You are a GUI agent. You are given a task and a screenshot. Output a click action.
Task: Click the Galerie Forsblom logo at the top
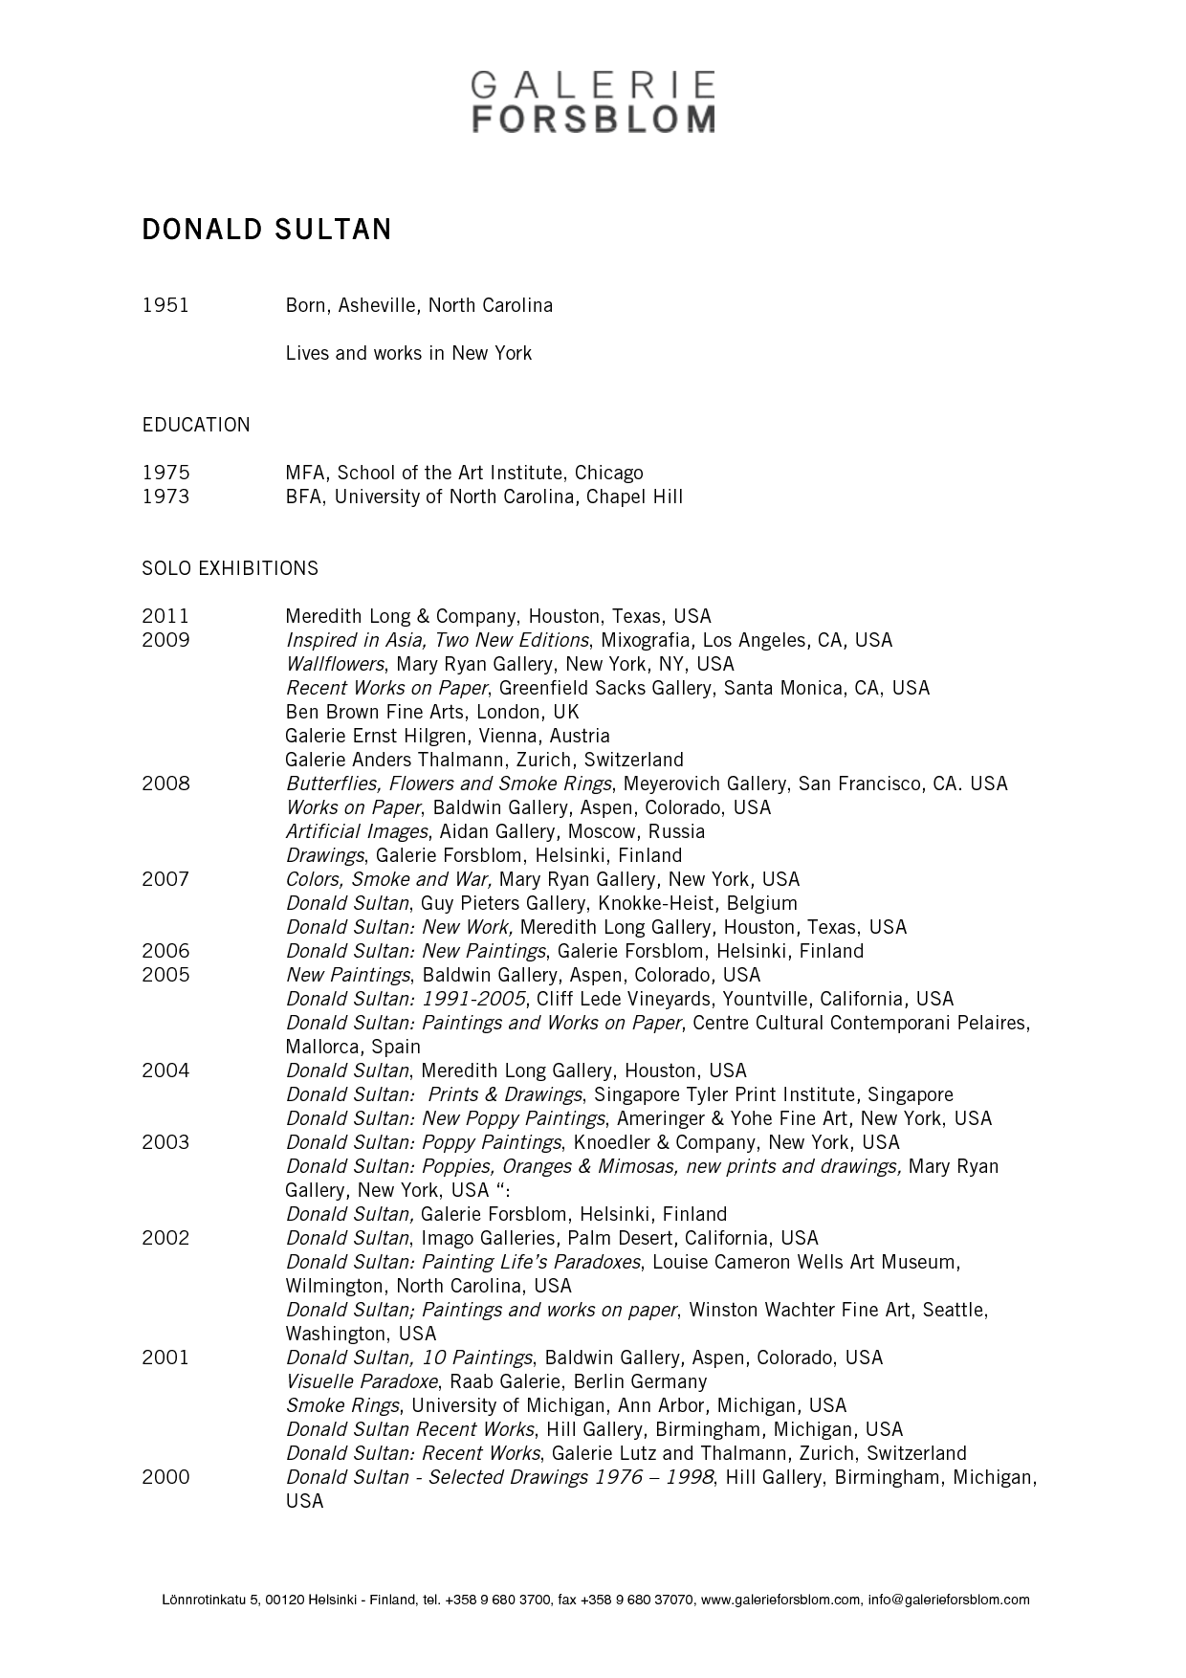[592, 101]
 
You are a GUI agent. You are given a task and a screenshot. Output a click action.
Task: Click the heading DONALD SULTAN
[267, 231]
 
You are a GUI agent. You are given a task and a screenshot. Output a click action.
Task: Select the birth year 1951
[165, 306]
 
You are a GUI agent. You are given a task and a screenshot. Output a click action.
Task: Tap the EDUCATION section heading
[196, 426]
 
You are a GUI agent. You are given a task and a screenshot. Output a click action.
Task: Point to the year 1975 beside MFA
[165, 474]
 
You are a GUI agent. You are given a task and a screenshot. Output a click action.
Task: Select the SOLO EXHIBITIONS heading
[231, 569]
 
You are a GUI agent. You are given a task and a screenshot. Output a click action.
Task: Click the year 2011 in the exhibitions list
[165, 617]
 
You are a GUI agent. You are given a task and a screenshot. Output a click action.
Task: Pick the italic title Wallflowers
[335, 665]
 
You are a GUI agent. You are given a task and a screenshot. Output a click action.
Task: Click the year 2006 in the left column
[165, 952]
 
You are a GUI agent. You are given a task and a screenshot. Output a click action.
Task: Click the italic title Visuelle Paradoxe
[362, 1382]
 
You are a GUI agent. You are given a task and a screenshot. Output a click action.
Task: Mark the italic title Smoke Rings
[342, 1406]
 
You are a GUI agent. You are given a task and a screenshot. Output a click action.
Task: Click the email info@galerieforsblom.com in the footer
[949, 1600]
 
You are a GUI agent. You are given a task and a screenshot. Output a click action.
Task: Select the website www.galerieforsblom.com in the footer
[780, 1600]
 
